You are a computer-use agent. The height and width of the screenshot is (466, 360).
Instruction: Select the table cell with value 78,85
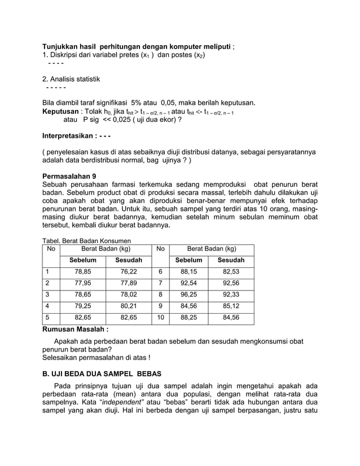point(83,271)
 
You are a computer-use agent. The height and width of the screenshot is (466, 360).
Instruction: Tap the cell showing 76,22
point(129,271)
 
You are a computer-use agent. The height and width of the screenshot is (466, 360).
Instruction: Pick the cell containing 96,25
point(188,294)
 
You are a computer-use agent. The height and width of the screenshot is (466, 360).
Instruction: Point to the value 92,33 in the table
point(231,294)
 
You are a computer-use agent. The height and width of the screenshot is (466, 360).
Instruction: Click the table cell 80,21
point(129,306)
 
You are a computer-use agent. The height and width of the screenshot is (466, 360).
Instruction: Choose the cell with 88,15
point(188,271)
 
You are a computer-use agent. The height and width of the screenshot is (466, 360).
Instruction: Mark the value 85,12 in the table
point(231,306)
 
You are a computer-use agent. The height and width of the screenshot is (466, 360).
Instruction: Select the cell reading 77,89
point(129,283)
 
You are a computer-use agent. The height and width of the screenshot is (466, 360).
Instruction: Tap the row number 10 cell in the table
point(160,318)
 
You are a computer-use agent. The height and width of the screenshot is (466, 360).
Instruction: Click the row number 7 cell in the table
point(160,283)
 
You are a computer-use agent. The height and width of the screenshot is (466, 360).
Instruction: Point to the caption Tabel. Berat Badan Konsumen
point(86,241)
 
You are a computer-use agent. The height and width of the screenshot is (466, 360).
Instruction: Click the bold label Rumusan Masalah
point(76,329)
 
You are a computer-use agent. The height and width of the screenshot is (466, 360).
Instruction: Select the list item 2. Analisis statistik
point(71,79)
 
